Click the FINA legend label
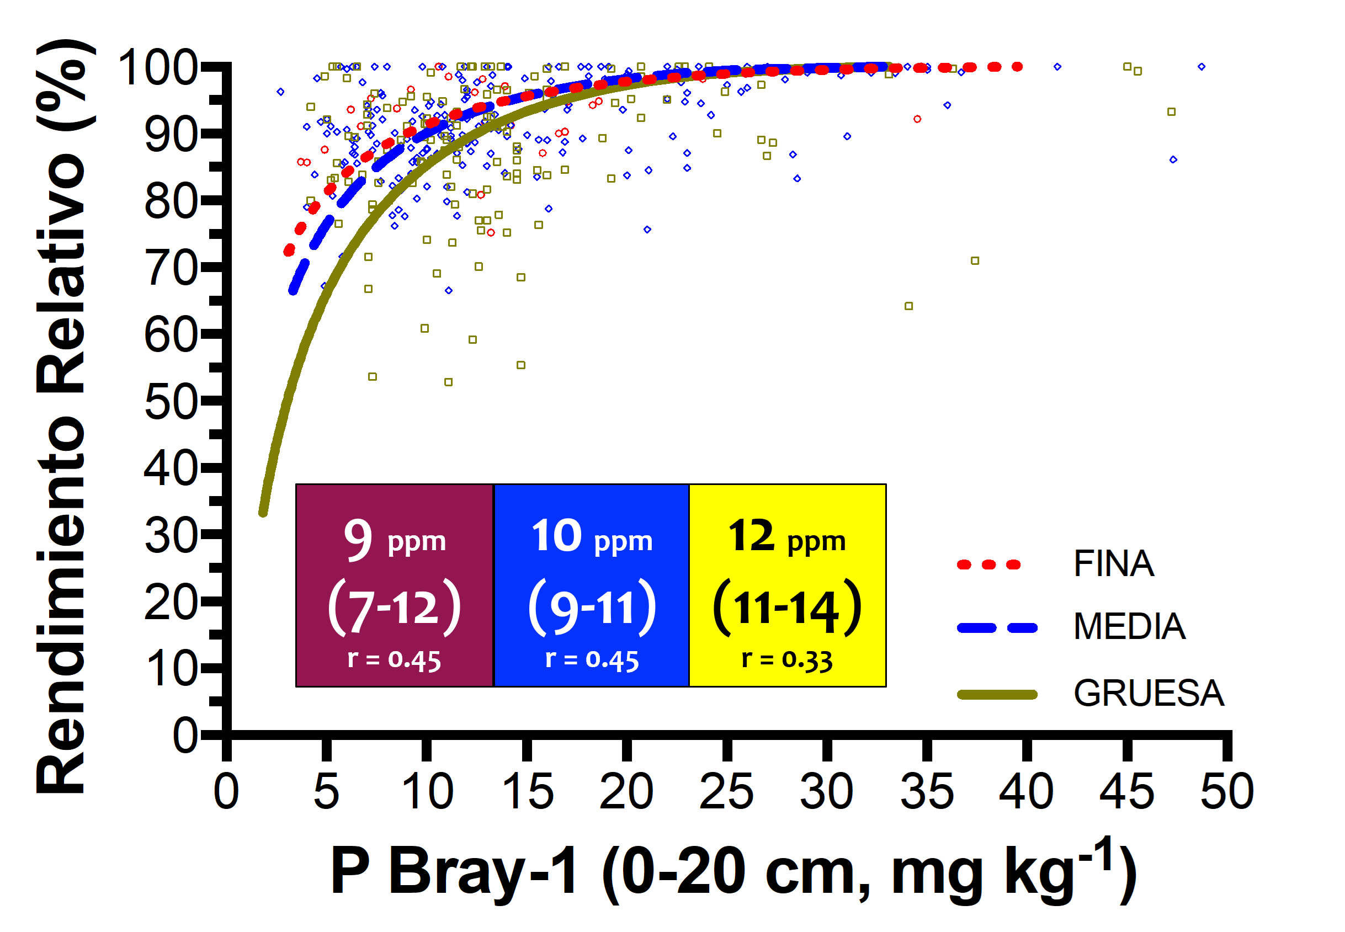tap(1113, 564)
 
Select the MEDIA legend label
tap(1128, 627)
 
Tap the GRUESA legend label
tap(1148, 694)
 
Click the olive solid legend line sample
tap(996, 694)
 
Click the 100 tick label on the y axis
tap(158, 68)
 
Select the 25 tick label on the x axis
tap(726, 792)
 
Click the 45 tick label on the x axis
tap(1126, 792)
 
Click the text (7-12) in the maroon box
tap(394, 608)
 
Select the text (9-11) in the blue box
tap(592, 608)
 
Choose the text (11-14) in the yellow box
tap(786, 608)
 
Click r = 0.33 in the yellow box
tap(786, 661)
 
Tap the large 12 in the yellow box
tap(751, 536)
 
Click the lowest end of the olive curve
tap(263, 513)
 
